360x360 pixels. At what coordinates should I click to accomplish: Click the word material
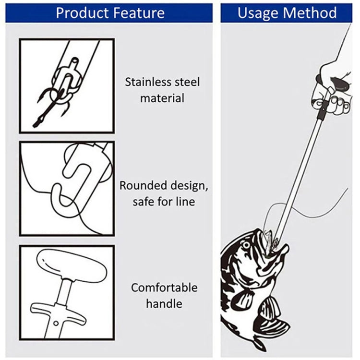point(162,98)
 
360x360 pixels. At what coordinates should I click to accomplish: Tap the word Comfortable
point(164,288)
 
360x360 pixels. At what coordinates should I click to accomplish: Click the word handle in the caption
point(164,303)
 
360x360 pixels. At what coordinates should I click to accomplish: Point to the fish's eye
point(246,245)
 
